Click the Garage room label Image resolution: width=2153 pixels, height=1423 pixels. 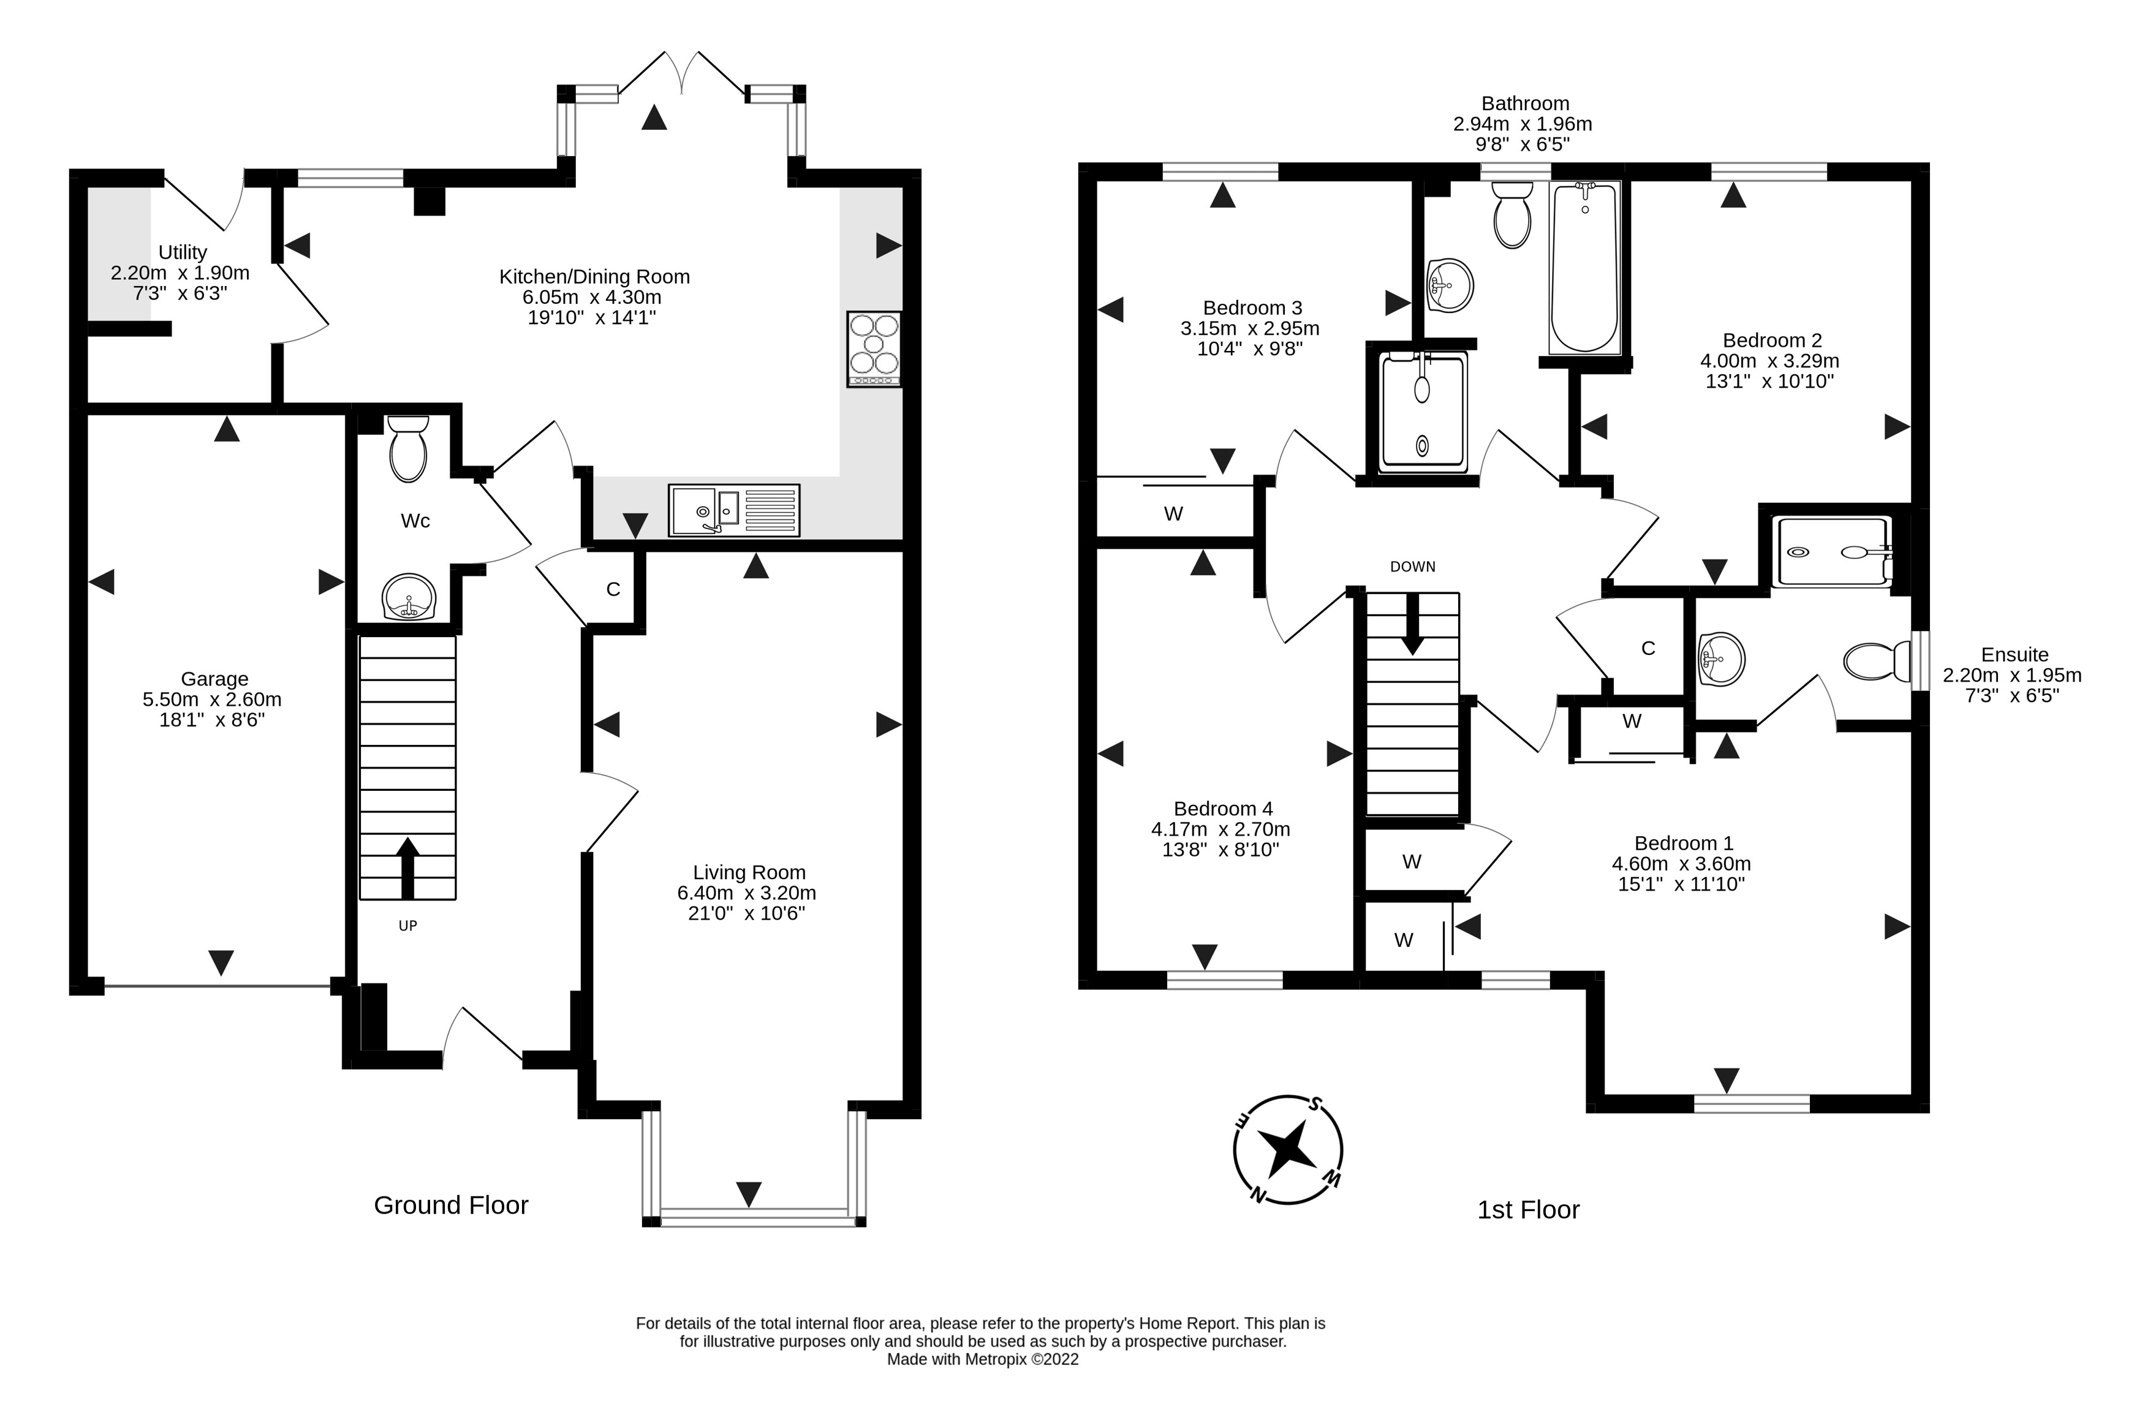[x=214, y=679]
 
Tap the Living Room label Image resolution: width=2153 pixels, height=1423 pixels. [x=749, y=873]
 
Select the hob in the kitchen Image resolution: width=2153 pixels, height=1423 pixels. [x=874, y=349]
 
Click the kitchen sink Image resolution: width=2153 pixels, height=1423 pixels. [x=734, y=510]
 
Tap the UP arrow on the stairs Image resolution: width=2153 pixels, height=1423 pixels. [x=407, y=867]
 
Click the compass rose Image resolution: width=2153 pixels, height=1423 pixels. [x=1288, y=1150]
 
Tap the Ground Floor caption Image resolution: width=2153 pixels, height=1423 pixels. [x=451, y=1205]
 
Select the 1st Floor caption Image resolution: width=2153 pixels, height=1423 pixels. [x=1529, y=1210]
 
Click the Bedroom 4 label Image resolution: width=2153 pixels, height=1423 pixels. [x=1223, y=809]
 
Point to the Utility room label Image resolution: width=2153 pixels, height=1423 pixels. [x=183, y=252]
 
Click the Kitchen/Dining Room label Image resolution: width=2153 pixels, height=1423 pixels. [x=594, y=277]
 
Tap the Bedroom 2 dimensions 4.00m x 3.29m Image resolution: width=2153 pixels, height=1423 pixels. [x=1770, y=361]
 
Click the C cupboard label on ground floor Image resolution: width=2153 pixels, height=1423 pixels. [x=613, y=589]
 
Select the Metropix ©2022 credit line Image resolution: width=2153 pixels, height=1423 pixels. [x=983, y=1359]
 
